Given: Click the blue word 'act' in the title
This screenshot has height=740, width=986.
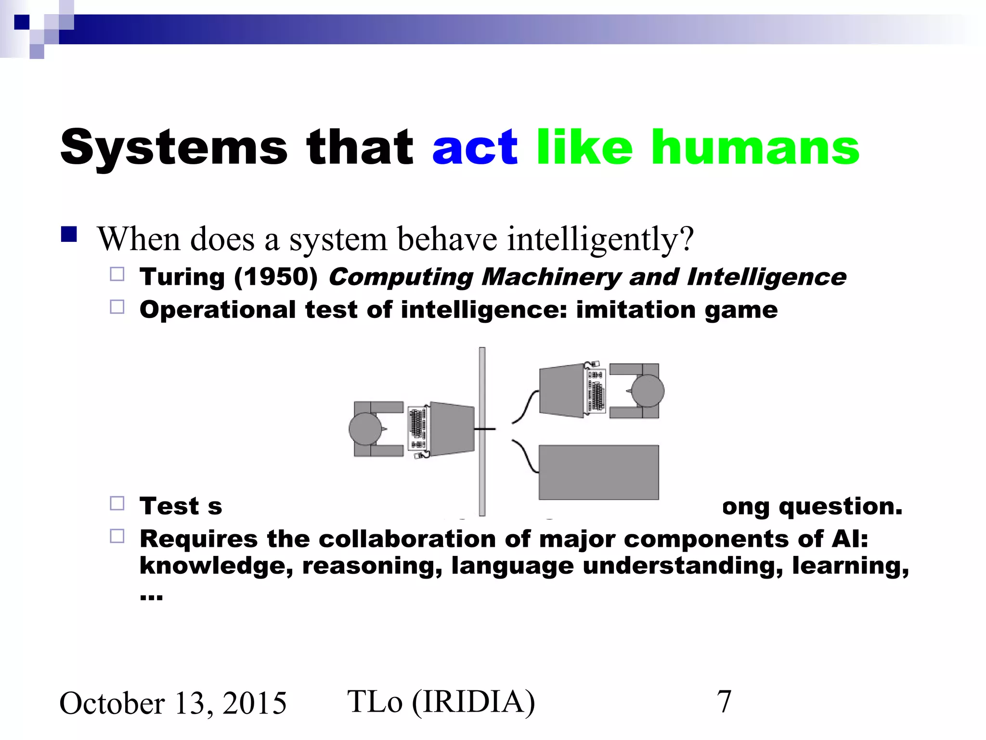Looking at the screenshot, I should [475, 148].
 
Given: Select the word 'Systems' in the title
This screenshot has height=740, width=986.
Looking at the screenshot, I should [174, 148].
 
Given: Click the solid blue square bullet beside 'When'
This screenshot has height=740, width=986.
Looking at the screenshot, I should [69, 234].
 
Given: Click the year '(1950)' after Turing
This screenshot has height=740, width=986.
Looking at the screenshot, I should [276, 277].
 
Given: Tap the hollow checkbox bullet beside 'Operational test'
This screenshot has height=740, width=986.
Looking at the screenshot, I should [117, 307].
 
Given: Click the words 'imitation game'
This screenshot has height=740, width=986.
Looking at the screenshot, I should [676, 309].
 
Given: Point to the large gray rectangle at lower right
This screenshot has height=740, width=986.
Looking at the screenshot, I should [598, 472].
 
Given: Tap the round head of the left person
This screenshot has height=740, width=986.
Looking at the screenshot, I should [365, 429].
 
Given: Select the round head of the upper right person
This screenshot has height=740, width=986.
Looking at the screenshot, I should [648, 391].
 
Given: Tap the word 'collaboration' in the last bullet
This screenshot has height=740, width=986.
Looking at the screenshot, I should [407, 539].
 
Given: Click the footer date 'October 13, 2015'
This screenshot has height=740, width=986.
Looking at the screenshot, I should [173, 703].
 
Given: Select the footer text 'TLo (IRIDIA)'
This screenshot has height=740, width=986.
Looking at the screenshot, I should [441, 702].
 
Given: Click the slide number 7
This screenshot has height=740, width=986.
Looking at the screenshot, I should [724, 702].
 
